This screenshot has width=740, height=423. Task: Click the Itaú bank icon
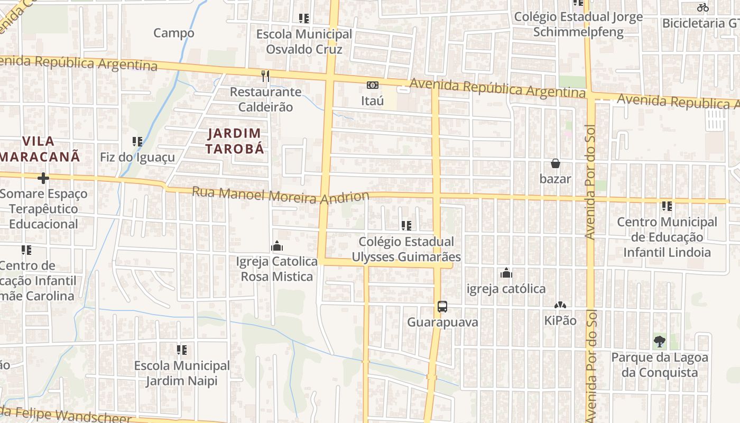[x=373, y=85]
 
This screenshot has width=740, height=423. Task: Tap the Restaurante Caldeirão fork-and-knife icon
[x=265, y=76]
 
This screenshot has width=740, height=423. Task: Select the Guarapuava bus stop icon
[x=442, y=307]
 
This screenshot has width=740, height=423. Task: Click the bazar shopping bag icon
[x=555, y=163]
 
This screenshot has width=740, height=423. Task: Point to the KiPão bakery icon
[x=560, y=305]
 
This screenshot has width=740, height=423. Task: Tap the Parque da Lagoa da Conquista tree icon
[x=659, y=342]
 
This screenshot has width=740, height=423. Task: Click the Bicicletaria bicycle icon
[x=702, y=7]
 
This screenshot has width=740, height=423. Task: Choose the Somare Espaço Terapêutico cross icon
[x=43, y=178]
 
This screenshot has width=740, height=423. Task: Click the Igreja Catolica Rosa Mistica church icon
[x=276, y=246]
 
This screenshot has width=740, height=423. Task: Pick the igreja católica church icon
[x=506, y=273]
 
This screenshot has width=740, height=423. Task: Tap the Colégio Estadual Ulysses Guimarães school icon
[x=406, y=226]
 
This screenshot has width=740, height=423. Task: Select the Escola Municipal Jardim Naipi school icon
[x=182, y=350]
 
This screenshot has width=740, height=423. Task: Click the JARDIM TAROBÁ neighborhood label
[x=235, y=141]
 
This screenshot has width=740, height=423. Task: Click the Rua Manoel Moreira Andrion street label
[x=280, y=195]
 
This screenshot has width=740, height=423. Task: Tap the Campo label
[x=174, y=33]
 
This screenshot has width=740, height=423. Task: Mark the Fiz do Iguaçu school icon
[x=137, y=142]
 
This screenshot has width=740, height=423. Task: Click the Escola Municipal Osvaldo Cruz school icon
[x=304, y=19]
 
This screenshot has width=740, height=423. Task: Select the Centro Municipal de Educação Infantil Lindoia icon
[x=667, y=206]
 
